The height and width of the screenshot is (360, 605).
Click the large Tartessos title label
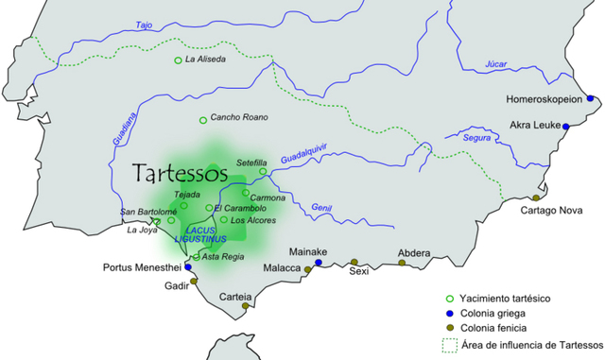180,174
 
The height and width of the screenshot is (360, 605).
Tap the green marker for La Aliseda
178,60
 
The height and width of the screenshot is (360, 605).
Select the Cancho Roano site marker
202,119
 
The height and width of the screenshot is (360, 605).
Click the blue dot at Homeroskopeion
590,98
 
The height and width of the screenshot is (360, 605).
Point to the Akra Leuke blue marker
566,126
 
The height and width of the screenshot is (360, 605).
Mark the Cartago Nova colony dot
536,197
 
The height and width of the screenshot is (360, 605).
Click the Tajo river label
144,26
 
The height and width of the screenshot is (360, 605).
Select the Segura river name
477,138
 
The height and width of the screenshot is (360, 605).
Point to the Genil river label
321,208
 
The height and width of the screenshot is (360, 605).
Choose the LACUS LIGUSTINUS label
202,235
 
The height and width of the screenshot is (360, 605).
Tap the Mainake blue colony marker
319,262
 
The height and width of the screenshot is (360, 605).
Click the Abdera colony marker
402,263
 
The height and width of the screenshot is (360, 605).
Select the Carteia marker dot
245,306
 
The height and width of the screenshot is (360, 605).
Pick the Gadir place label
177,286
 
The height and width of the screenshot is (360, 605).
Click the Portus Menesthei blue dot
188,267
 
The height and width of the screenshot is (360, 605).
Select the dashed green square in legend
450,343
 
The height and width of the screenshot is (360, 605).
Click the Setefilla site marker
264,172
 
